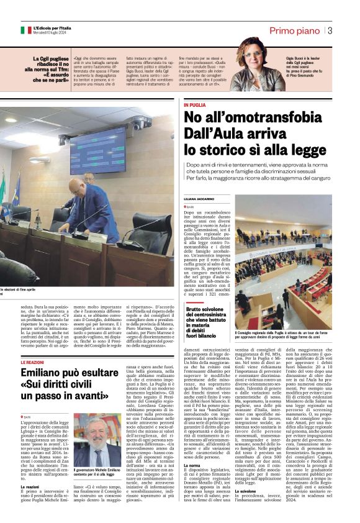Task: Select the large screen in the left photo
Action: pos(97,150)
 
